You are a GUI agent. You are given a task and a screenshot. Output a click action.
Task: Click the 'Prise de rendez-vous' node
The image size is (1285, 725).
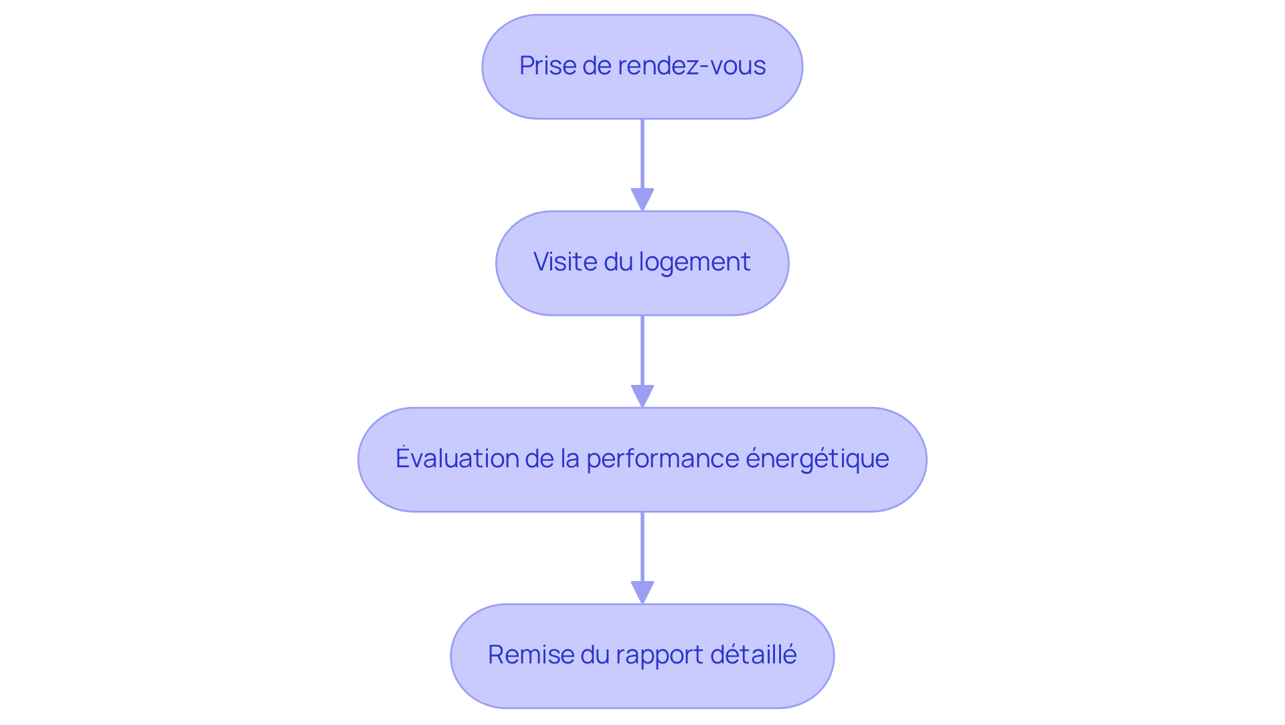pyautogui.click(x=642, y=67)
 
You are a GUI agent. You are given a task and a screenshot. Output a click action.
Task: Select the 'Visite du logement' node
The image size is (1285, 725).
pyautogui.click(x=642, y=263)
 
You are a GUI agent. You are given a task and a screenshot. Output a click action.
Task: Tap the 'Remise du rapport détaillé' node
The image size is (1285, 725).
pyautogui.click(x=642, y=656)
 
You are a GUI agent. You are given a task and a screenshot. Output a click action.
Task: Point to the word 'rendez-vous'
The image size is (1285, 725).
pyautogui.click(x=691, y=66)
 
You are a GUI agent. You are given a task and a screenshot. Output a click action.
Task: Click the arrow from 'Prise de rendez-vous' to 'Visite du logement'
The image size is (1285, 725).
pyautogui.click(x=642, y=157)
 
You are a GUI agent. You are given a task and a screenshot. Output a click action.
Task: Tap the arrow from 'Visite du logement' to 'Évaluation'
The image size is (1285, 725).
pyautogui.click(x=642, y=353)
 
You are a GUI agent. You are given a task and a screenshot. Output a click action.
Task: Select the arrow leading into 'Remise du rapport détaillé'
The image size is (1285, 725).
pyautogui.click(x=642, y=550)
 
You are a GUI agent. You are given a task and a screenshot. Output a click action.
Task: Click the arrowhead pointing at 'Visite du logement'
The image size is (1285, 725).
pyautogui.click(x=642, y=199)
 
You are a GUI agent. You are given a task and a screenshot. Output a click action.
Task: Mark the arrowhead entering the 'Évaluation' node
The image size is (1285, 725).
pyautogui.click(x=642, y=396)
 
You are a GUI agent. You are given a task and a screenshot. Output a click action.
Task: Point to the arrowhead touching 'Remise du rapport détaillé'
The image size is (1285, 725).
pyautogui.click(x=642, y=592)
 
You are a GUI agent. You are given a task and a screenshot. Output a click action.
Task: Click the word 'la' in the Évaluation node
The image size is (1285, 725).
pyautogui.click(x=570, y=459)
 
